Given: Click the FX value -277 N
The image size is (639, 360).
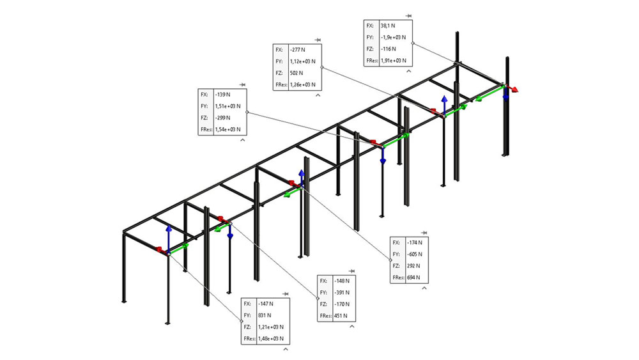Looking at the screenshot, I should [x=298, y=50].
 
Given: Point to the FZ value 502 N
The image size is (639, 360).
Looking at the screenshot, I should [x=296, y=73].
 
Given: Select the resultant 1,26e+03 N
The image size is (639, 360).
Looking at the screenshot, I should [x=303, y=84].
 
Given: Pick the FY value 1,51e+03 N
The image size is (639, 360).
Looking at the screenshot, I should [x=228, y=106].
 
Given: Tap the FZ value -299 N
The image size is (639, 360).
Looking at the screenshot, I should [x=223, y=118].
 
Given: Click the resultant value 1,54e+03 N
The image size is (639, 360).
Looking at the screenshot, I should [x=228, y=129].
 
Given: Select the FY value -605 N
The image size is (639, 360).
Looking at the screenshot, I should [x=415, y=254].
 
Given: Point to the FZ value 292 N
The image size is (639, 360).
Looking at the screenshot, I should [x=413, y=265].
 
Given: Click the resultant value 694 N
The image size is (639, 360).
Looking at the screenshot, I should [x=413, y=277].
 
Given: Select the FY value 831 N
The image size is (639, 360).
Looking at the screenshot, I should [x=265, y=315].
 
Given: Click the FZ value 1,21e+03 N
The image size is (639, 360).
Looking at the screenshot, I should [x=271, y=327].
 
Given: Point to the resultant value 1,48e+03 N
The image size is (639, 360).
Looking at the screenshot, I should [x=271, y=338].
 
